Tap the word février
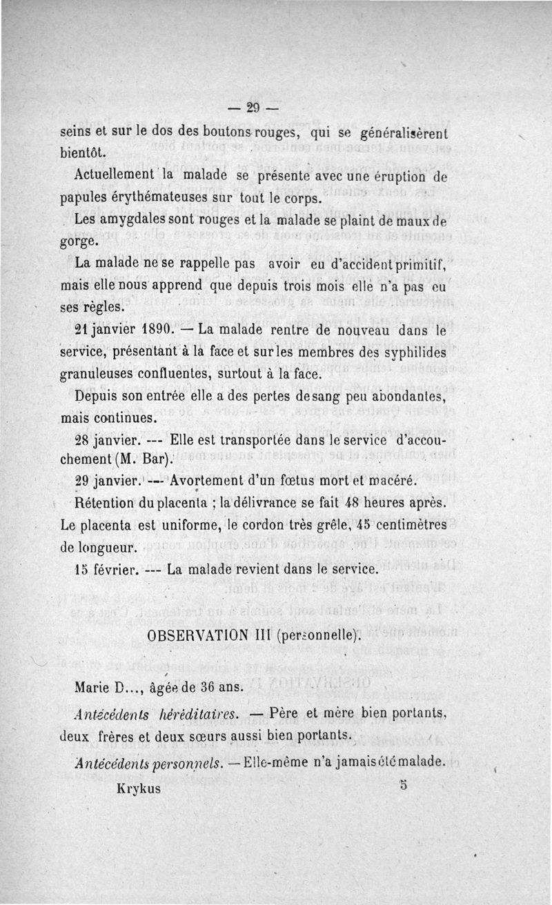tap(117, 570)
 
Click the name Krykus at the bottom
tap(139, 788)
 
